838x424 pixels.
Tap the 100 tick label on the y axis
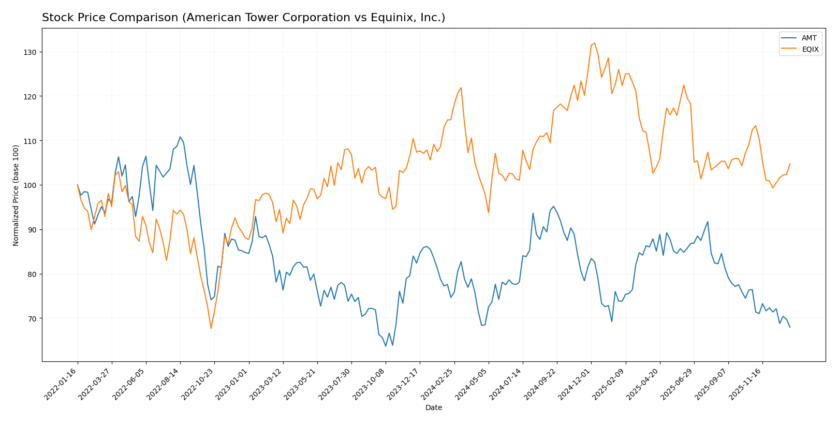click(x=32, y=185)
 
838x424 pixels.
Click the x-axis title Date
click(x=433, y=408)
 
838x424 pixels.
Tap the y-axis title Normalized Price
click(x=16, y=195)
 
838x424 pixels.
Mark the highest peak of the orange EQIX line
click(x=594, y=43)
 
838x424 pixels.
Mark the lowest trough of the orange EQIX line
click(x=211, y=328)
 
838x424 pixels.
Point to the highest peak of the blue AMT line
click(x=180, y=137)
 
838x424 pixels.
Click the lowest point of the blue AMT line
click(x=385, y=346)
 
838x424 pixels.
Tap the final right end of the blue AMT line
click(x=790, y=327)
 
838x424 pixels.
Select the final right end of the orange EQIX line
click(x=790, y=164)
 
